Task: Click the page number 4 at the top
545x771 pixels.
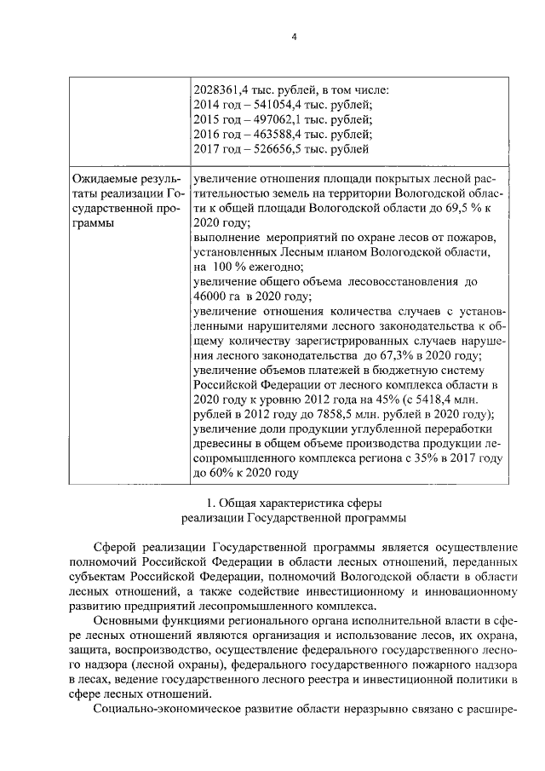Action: point(293,37)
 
